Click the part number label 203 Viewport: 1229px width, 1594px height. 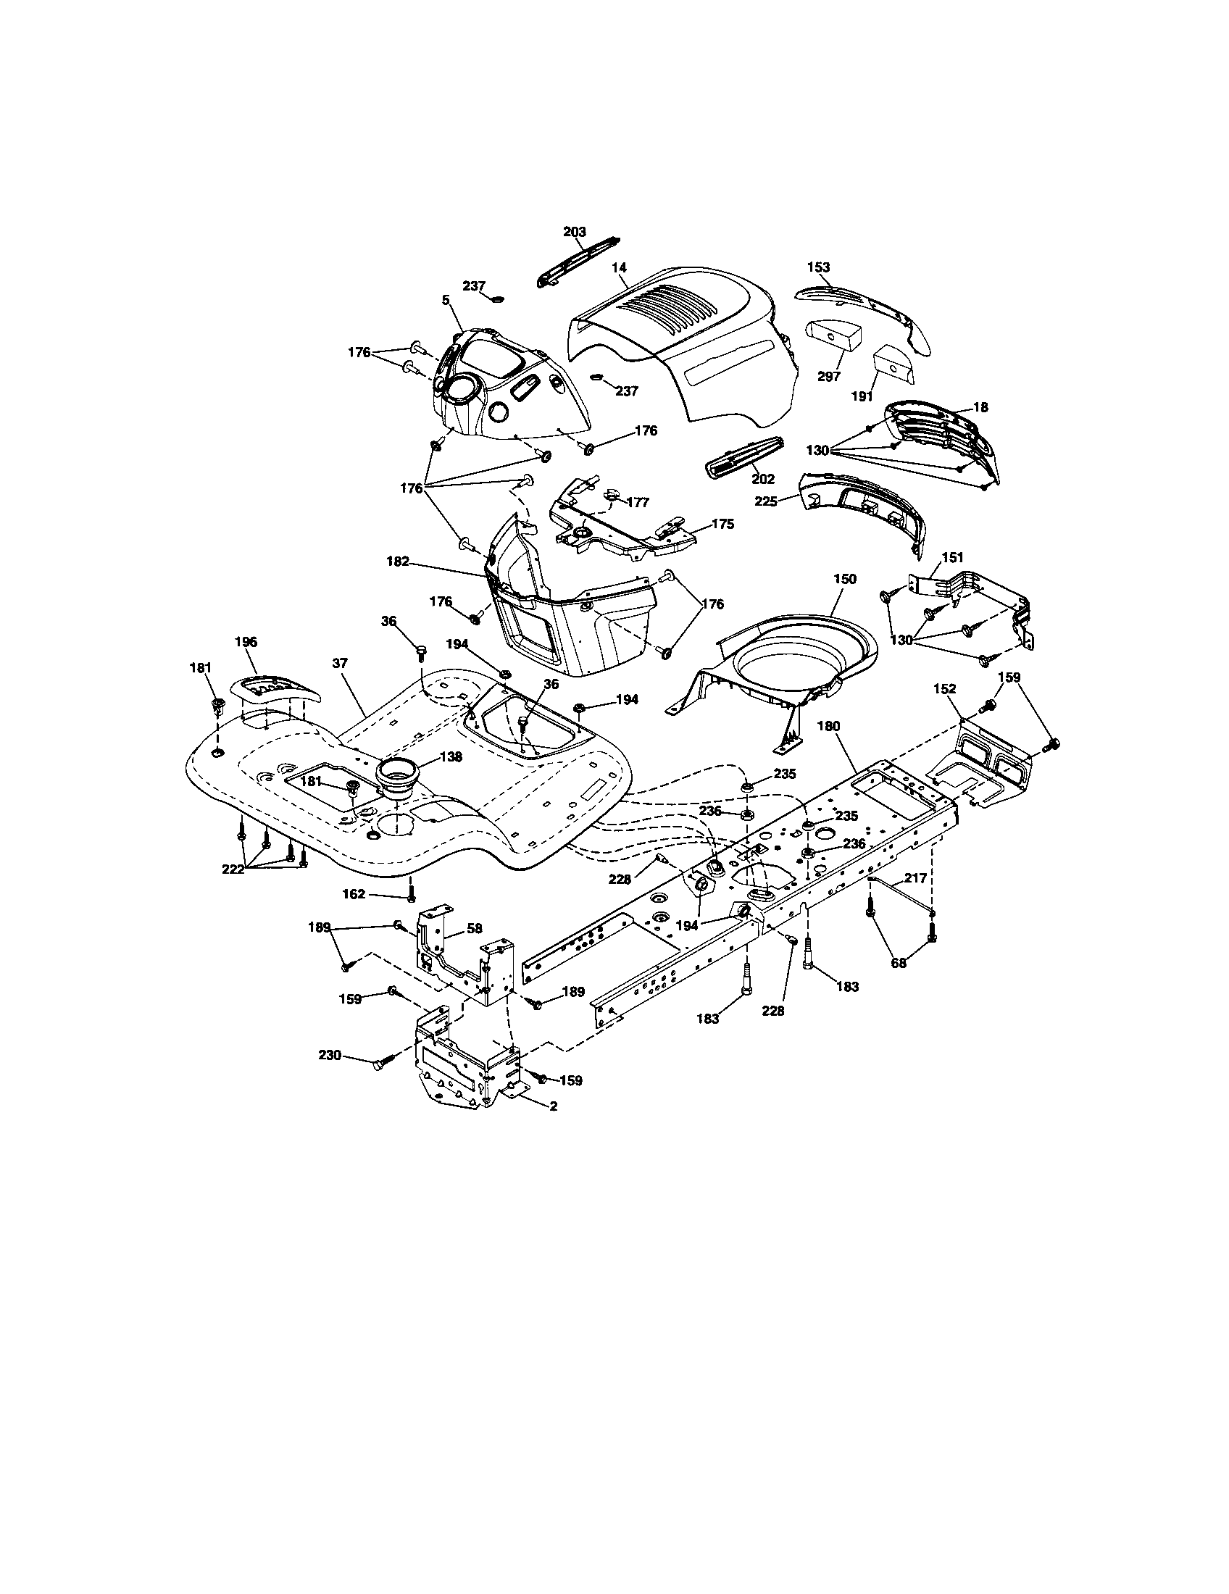click(x=575, y=231)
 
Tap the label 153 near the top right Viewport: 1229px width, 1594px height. click(x=819, y=267)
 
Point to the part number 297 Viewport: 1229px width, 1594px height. click(x=829, y=377)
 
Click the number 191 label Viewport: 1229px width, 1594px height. click(x=862, y=396)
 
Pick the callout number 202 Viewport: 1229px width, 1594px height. click(x=762, y=479)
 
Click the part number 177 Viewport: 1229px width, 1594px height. click(x=637, y=502)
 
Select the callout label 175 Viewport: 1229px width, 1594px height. click(x=722, y=524)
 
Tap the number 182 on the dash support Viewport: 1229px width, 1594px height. click(x=398, y=562)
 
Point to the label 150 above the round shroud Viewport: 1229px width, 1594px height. click(x=844, y=579)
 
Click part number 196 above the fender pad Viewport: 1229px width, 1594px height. click(x=246, y=641)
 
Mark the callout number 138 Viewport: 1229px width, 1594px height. click(x=450, y=758)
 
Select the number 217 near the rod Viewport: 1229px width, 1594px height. click(x=915, y=879)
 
